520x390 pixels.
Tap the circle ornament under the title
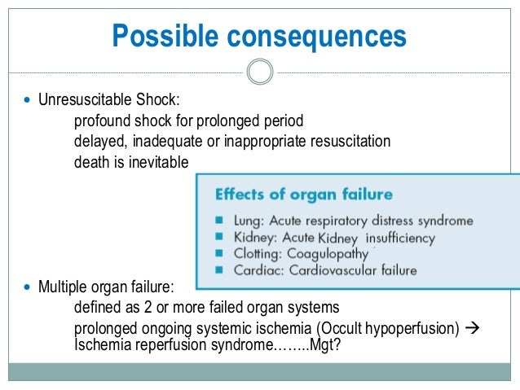click(259, 73)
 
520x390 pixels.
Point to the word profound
click(99, 122)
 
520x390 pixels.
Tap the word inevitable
click(160, 162)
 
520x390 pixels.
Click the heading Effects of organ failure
click(303, 195)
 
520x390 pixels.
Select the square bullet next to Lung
click(220, 221)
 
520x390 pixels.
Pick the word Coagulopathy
click(322, 254)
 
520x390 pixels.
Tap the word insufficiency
click(401, 238)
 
